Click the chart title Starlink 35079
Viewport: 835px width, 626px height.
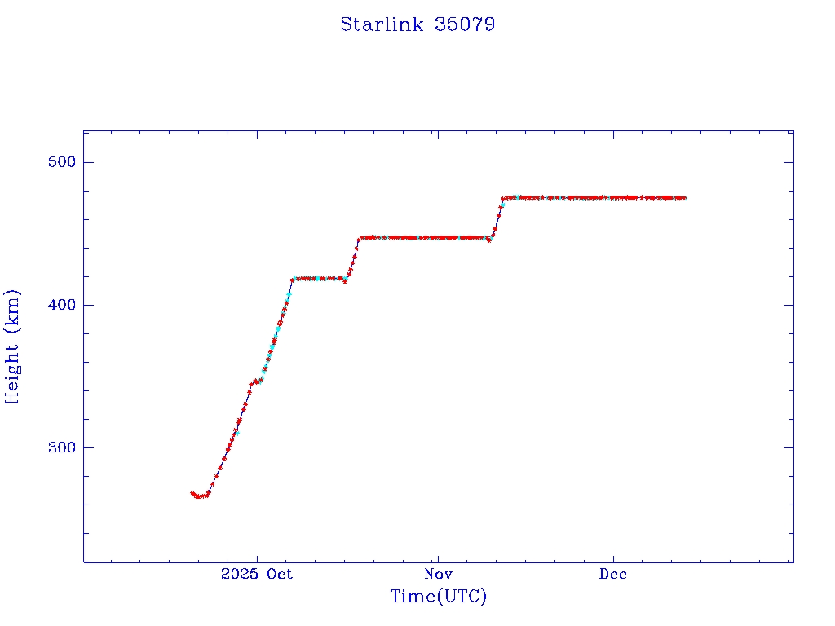417,24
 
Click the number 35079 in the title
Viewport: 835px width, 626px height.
465,24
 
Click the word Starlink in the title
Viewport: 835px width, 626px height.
382,24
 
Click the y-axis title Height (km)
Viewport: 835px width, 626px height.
12,346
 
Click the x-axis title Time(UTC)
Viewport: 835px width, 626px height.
438,597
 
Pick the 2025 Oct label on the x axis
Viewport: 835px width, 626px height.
256,574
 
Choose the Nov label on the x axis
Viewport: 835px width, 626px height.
438,574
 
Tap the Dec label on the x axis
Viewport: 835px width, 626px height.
613,574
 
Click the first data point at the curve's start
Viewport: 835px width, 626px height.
192,492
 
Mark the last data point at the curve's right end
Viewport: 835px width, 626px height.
685,197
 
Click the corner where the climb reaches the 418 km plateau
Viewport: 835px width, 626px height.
292,279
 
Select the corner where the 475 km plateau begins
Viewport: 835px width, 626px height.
503,199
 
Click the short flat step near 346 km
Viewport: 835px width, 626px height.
256,381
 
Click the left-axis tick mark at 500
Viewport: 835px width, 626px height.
88,162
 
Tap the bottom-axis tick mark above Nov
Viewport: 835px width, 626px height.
438,558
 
